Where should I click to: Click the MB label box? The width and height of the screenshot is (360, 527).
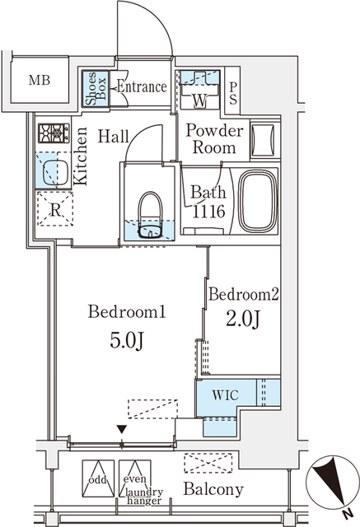pyautogui.click(x=39, y=80)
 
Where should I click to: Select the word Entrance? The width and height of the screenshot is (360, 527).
pyautogui.click(x=141, y=86)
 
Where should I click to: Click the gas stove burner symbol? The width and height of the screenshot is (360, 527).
pyautogui.click(x=54, y=132)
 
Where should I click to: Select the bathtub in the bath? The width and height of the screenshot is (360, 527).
pyautogui.click(x=258, y=201)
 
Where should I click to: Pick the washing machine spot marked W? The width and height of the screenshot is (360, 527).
pyautogui.click(x=199, y=101)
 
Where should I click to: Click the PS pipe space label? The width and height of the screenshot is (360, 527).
pyautogui.click(x=234, y=92)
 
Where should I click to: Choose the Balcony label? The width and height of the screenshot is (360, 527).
pyautogui.click(x=213, y=490)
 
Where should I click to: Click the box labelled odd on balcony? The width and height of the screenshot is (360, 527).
pyautogui.click(x=97, y=480)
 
